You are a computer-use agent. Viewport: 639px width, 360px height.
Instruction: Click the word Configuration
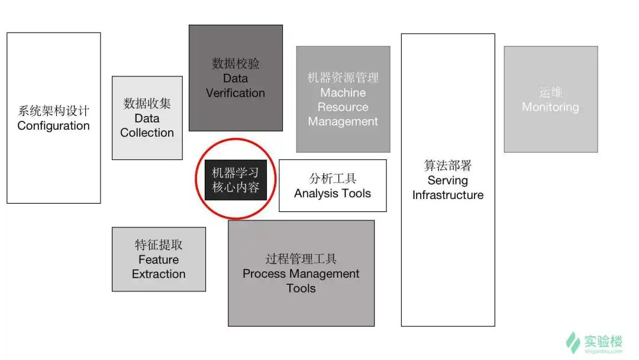[x=53, y=126]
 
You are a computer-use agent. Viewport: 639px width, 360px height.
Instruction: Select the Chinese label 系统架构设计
[x=53, y=111]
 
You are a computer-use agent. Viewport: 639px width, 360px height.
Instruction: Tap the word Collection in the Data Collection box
[x=147, y=133]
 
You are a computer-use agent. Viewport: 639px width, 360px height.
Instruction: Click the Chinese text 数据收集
[x=147, y=104]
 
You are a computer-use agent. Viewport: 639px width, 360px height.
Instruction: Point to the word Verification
[x=235, y=93]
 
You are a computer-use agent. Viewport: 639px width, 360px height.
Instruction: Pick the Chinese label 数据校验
[x=235, y=63]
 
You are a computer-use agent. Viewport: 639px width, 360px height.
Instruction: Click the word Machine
[x=343, y=92]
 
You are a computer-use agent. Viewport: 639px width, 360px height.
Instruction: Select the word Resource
[x=343, y=107]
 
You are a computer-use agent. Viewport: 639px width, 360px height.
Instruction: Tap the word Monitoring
[x=551, y=107]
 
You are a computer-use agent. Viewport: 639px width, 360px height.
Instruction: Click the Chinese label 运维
[x=551, y=92]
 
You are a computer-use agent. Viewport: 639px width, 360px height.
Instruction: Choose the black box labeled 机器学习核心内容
[x=235, y=180]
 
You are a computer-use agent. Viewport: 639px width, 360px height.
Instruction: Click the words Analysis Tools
[x=333, y=194]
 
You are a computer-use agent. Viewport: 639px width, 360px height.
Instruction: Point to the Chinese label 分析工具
[x=333, y=179]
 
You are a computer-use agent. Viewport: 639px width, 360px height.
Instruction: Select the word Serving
[x=448, y=181]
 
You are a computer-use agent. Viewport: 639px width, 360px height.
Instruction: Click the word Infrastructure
[x=448, y=195]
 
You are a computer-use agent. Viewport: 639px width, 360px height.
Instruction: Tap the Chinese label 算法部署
[x=448, y=166]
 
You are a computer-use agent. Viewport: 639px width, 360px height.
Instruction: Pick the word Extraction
[x=159, y=274]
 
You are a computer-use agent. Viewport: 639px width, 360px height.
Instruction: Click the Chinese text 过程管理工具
[x=301, y=259]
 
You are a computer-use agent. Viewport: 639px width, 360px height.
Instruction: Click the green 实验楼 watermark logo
[x=595, y=343]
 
